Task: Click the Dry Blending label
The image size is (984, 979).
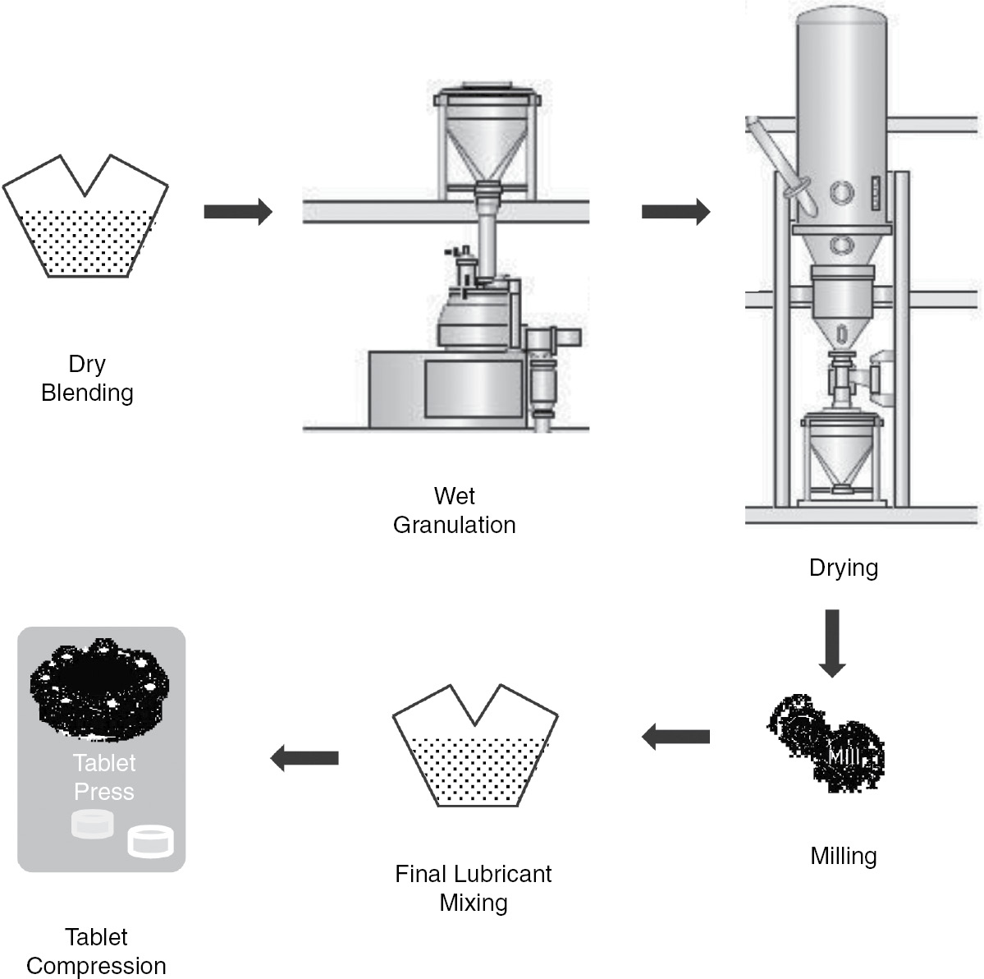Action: click(87, 378)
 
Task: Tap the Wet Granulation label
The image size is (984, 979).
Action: click(455, 510)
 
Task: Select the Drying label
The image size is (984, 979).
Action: click(843, 568)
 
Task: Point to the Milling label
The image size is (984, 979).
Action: click(843, 856)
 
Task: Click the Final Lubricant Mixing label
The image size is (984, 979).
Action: click(474, 888)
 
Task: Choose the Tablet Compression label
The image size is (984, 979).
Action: click(96, 951)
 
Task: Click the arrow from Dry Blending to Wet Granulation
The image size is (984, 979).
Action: click(237, 212)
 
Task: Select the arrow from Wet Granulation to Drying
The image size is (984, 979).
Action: click(675, 212)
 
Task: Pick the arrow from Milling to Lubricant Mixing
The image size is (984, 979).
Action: click(675, 738)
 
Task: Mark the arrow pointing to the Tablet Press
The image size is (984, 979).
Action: click(304, 758)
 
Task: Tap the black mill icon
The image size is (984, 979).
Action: click(826, 743)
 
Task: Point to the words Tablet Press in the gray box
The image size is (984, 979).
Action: click(104, 777)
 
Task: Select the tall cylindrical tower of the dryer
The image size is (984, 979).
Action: click(842, 123)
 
